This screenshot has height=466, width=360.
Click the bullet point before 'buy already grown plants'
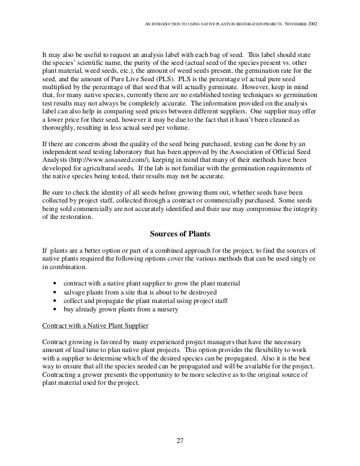pyautogui.click(x=53, y=309)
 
